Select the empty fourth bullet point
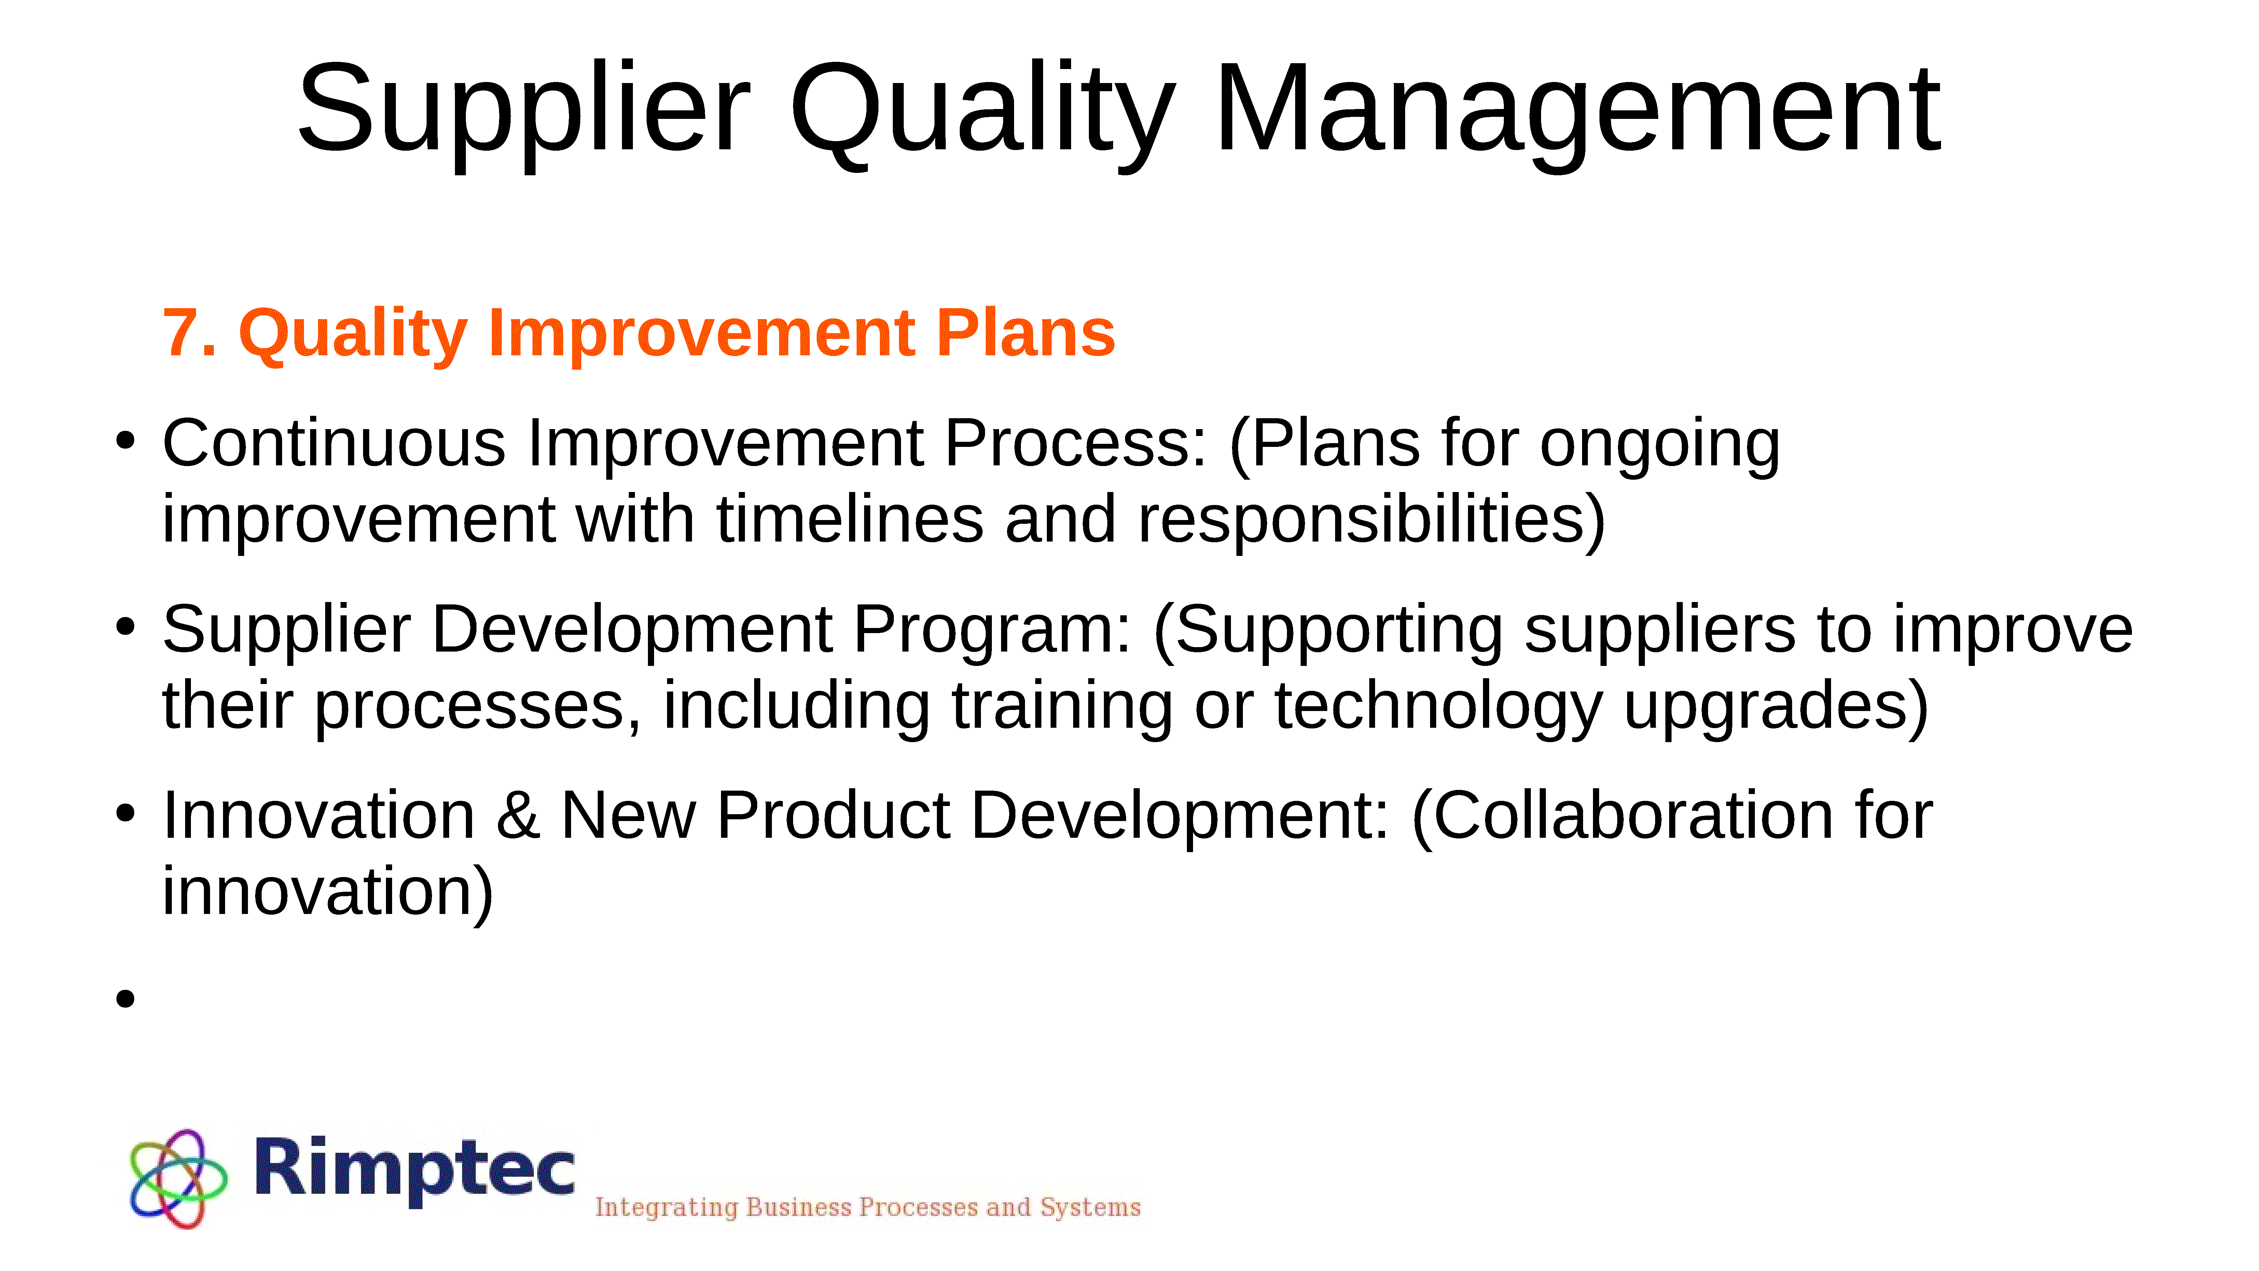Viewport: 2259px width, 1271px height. coord(125,998)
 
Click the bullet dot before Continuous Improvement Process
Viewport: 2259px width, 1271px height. coord(125,441)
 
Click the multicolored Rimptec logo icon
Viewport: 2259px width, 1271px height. coord(178,1178)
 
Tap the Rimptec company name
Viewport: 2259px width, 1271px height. coord(415,1169)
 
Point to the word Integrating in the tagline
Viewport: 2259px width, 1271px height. coord(666,1208)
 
